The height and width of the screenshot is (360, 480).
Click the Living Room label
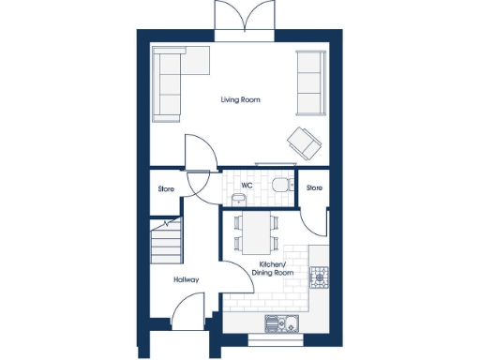coord(241,99)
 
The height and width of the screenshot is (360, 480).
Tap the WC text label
coord(247,186)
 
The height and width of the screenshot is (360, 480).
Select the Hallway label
coord(185,279)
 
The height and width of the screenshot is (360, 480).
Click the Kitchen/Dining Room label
coord(277,269)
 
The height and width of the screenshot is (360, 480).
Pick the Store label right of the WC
coord(315,188)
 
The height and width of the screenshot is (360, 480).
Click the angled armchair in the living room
coord(304,141)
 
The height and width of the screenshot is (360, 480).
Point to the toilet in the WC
coord(279,184)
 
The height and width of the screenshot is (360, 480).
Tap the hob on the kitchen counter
coord(320,277)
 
